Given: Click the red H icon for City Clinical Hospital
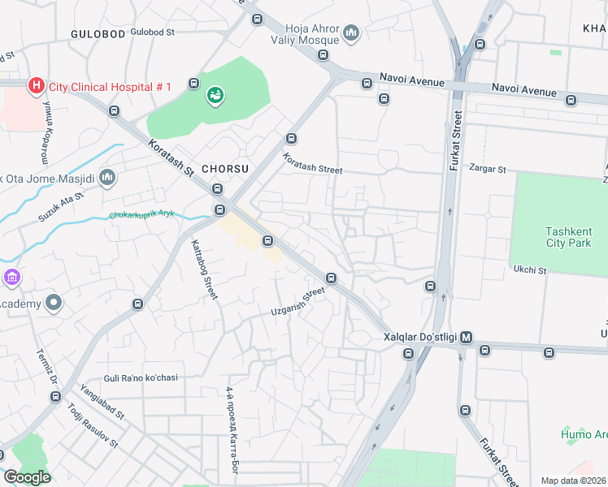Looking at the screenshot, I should tap(36, 85).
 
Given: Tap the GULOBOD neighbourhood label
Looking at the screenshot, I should tap(98, 34).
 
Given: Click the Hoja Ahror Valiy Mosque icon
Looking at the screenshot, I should tap(351, 32).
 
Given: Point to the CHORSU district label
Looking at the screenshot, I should tap(224, 168).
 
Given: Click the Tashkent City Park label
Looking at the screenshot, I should tap(568, 237).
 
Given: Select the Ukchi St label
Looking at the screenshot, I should tap(529, 269).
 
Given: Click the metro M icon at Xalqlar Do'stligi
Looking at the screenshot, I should tap(467, 337).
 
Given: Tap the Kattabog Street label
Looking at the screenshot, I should tap(204, 269).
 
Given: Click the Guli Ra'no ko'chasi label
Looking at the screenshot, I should tap(141, 377).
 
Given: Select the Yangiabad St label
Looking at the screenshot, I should tap(102, 403).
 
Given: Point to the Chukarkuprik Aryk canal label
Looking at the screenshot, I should tap(141, 216).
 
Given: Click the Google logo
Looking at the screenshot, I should tap(27, 477).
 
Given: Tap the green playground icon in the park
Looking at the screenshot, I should tap(215, 96).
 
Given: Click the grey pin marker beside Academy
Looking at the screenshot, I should tap(54, 304).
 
